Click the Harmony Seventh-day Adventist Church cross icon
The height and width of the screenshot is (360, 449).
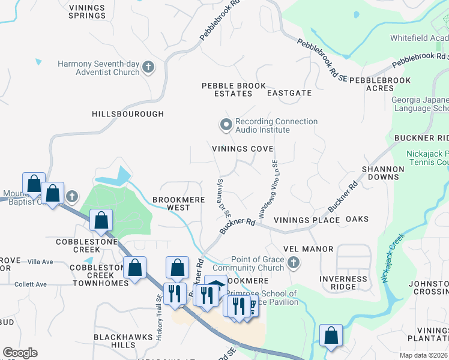point(149,67)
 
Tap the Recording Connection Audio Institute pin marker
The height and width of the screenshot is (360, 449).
point(226,125)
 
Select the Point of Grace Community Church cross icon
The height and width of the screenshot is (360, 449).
point(293,263)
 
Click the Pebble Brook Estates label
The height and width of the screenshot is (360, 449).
point(234,89)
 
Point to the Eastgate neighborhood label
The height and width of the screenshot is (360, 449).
point(289,93)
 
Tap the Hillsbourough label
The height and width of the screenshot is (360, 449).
point(128,113)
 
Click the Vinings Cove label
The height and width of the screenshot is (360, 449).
point(243,149)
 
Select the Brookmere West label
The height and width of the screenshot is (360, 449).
point(171,203)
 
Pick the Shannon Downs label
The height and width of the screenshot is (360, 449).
point(380,173)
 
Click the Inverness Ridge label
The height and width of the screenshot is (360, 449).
point(339,283)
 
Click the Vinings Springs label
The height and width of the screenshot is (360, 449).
point(87,11)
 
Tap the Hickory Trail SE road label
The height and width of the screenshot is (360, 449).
point(159,317)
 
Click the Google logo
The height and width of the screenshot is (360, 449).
point(20,353)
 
